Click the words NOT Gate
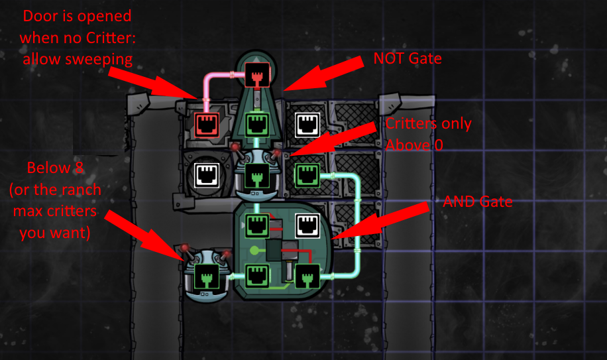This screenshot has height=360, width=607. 407,58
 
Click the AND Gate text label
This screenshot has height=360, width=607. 477,202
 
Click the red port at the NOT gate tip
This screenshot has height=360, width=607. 256,78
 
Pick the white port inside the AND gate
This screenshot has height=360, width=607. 307,225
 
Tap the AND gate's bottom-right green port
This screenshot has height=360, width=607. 307,274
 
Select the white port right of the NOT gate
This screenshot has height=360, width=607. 307,123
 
